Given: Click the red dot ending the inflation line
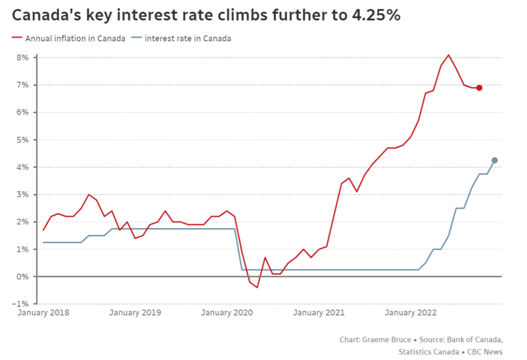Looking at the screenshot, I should pyautogui.click(x=479, y=88).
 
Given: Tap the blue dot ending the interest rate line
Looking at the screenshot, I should pyautogui.click(x=494, y=160).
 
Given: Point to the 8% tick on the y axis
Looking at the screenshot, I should pyautogui.click(x=23, y=58).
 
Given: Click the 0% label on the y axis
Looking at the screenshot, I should pyautogui.click(x=23, y=277).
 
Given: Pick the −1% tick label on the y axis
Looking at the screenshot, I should pyautogui.click(x=22, y=304).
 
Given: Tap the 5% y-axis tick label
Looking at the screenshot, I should pyautogui.click(x=23, y=140).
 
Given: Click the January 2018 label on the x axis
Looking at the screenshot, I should pyautogui.click(x=43, y=313).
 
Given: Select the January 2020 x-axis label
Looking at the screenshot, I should pyautogui.click(x=227, y=313).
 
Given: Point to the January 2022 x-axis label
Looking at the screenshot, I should pyautogui.click(x=411, y=313).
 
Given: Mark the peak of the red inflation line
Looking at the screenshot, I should pyautogui.click(x=448, y=55).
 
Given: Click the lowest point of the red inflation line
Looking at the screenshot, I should pyautogui.click(x=257, y=287).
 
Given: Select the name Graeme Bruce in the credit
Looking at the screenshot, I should pyautogui.click(x=386, y=340).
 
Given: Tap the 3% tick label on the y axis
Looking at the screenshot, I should pyautogui.click(x=23, y=195).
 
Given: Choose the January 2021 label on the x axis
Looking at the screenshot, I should pyautogui.click(x=319, y=313).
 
